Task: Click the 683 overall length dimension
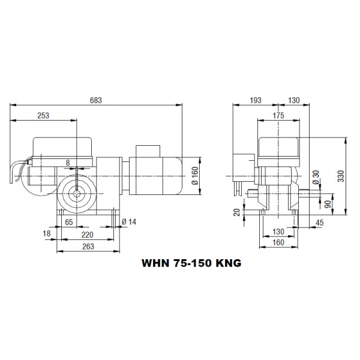[96, 100]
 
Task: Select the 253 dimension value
[43, 115]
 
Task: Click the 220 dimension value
[88, 235]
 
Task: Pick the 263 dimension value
[88, 246]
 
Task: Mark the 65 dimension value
[69, 222]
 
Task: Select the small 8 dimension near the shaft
[68, 162]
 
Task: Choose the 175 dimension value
[278, 115]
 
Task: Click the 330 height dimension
[340, 175]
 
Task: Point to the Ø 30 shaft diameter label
[315, 178]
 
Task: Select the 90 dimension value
[327, 204]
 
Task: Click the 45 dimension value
[319, 223]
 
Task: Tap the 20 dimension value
[237, 211]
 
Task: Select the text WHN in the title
[154, 263]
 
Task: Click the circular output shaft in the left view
[77, 192]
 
